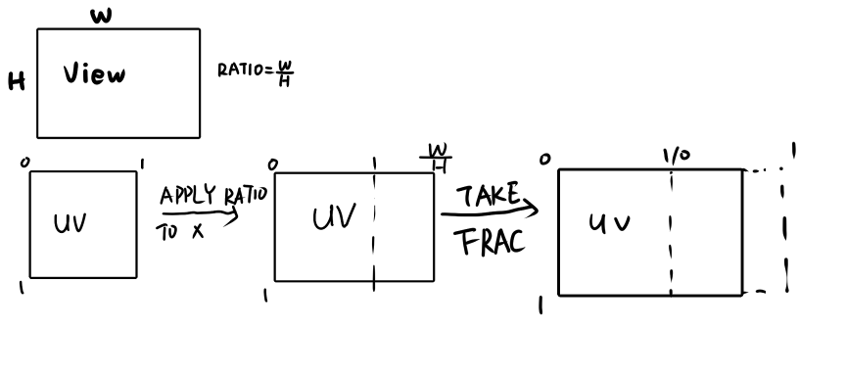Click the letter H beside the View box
pyautogui.click(x=17, y=83)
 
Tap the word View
pyautogui.click(x=94, y=74)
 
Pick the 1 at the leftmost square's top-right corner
pyautogui.click(x=144, y=163)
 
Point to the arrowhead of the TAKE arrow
pyautogui.click(x=534, y=207)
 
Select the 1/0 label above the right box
pyautogui.click(x=676, y=156)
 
